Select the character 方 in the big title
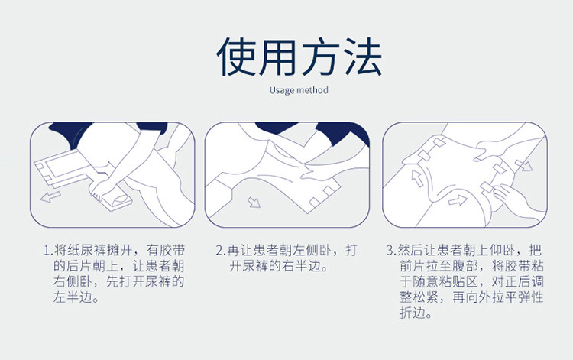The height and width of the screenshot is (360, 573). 321,57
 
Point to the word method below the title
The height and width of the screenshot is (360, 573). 312,90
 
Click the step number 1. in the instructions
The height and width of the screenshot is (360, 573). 49,251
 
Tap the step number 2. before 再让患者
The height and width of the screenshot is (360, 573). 221,251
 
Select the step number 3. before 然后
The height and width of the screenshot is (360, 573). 391,251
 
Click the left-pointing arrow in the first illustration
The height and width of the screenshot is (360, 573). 50,197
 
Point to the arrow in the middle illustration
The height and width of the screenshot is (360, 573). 254,202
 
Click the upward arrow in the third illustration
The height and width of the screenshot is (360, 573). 417,177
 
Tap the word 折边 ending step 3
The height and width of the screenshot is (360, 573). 413,313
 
